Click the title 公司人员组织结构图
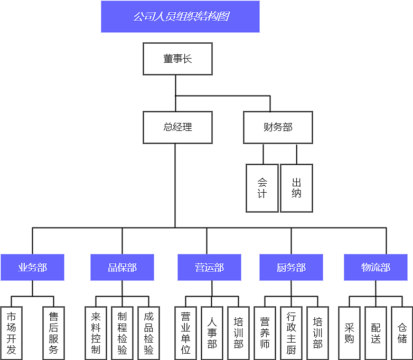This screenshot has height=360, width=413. tap(180, 16)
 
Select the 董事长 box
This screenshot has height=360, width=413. tap(177, 59)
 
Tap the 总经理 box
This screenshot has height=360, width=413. tap(177, 127)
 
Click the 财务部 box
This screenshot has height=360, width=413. tap(278, 127)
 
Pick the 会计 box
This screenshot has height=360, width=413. tap(262, 188)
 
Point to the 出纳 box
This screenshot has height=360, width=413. tap(296, 188)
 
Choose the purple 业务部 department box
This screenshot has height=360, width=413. tap(32, 268)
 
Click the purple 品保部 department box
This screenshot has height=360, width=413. tap(122, 268)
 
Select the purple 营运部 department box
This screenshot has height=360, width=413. tap(209, 268)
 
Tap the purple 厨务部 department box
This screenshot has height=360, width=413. tap(291, 268)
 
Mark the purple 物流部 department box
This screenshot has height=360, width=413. tap(376, 268)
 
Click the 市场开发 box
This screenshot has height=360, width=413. tap(11, 333)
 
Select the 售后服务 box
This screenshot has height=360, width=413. tap(53, 333)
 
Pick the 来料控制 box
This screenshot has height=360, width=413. tap(96, 333)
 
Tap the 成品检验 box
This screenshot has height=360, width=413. tap(148, 333)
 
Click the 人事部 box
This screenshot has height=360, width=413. tap(212, 333)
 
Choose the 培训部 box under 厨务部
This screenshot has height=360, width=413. tap(317, 333)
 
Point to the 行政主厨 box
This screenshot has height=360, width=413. tap(291, 333)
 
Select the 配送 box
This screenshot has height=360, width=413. tap(376, 333)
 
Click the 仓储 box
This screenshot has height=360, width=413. tap(402, 333)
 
